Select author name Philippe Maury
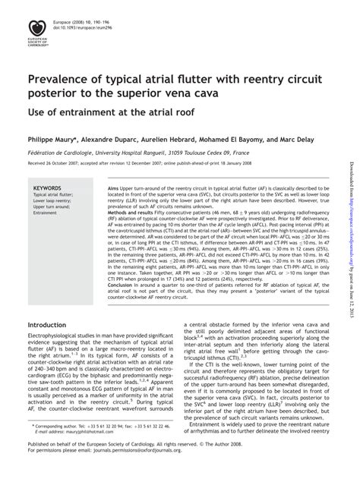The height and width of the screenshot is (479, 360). tap(59, 140)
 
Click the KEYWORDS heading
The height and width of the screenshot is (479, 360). tap(48, 187)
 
